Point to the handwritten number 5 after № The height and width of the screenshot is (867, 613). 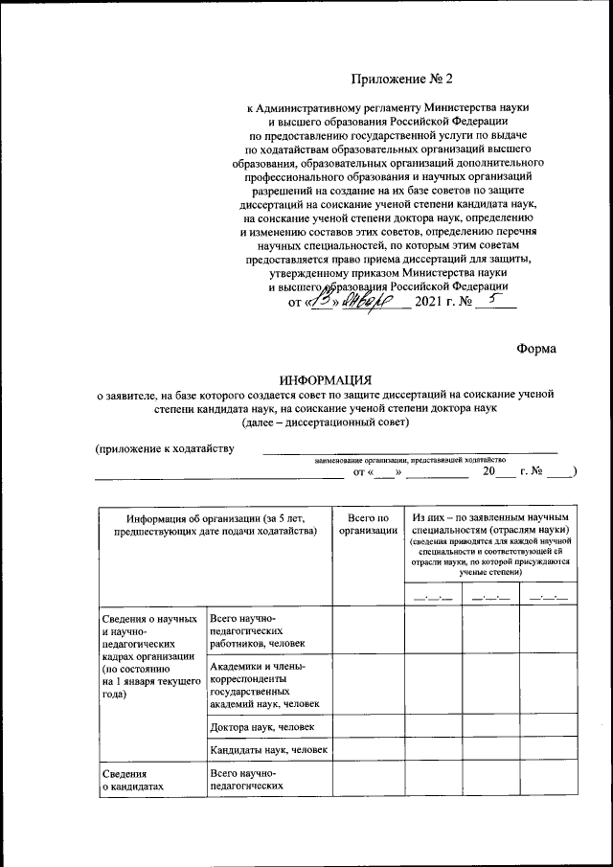click(493, 300)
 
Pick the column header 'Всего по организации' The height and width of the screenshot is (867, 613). click(368, 524)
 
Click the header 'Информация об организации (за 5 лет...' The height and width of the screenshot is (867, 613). click(214, 524)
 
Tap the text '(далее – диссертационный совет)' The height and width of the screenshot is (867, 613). click(327, 422)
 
